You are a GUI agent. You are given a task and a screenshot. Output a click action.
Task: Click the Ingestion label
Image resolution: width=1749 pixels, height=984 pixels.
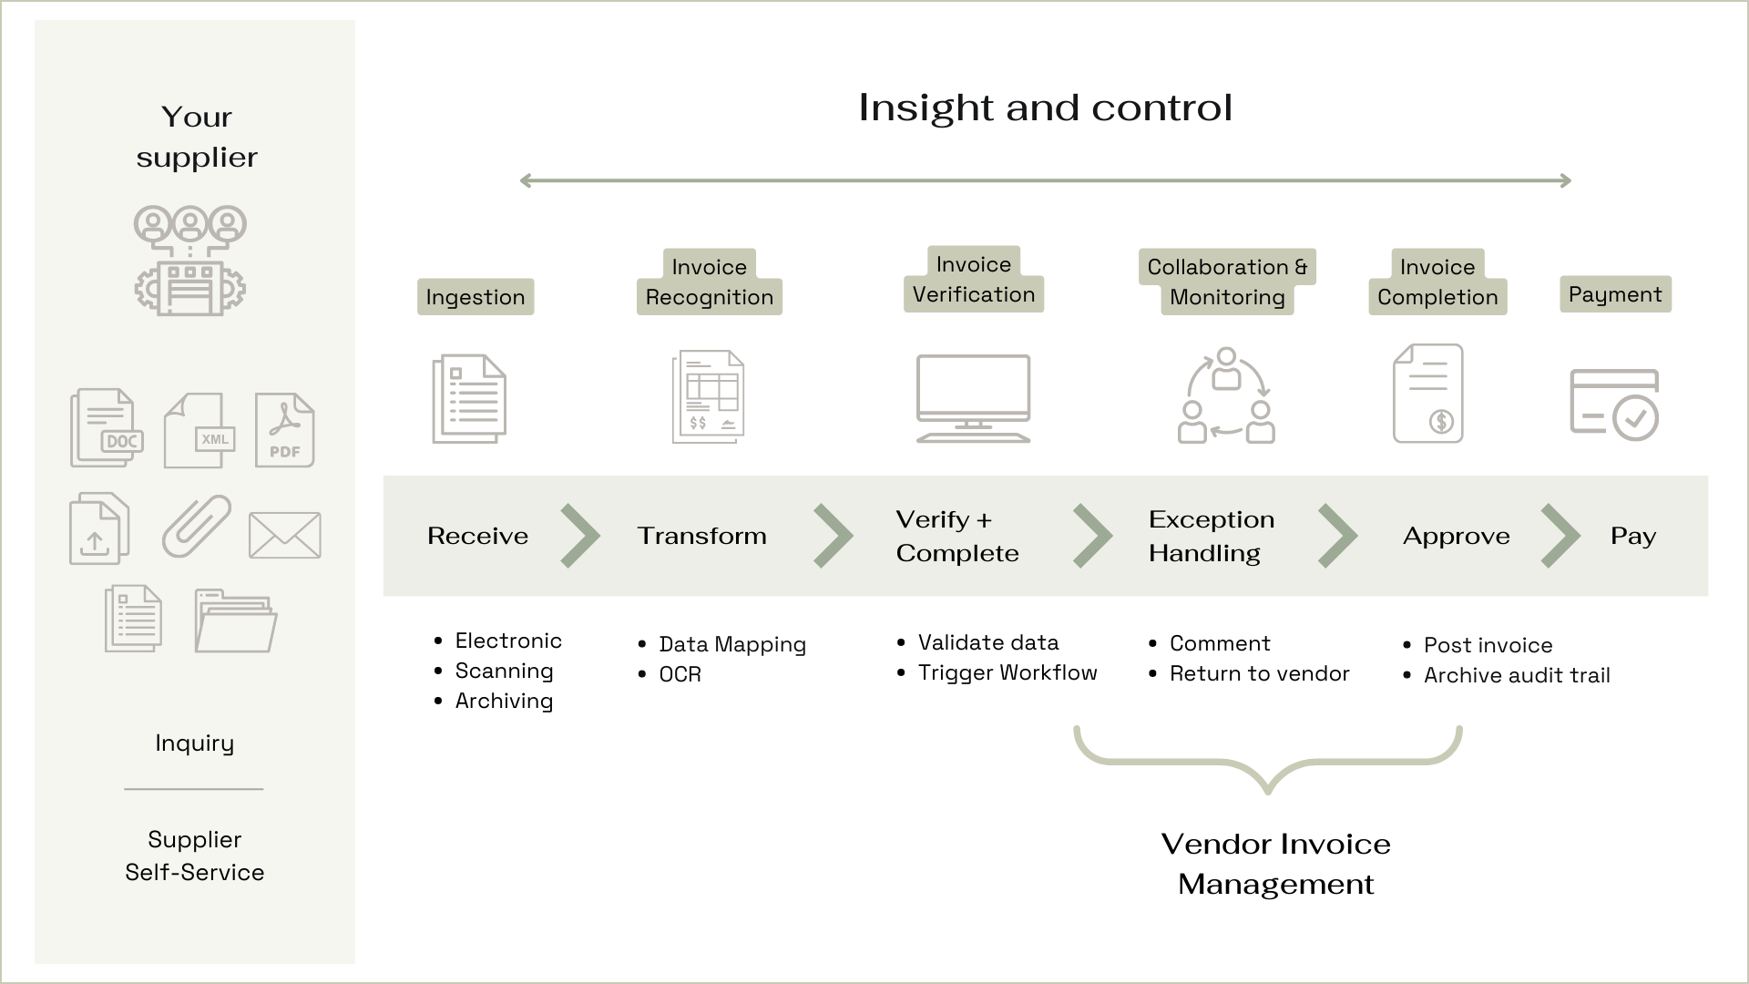pyautogui.click(x=476, y=297)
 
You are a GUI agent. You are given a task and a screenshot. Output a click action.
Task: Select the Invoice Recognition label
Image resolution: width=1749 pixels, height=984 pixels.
pyautogui.click(x=710, y=282)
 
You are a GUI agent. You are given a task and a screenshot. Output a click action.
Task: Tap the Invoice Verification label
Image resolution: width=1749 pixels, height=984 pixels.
pyautogui.click(x=974, y=280)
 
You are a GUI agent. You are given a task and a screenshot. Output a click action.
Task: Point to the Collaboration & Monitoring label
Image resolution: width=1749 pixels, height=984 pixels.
pyautogui.click(x=1227, y=282)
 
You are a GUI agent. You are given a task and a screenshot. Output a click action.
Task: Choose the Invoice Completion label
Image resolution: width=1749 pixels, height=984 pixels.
pyautogui.click(x=1437, y=282)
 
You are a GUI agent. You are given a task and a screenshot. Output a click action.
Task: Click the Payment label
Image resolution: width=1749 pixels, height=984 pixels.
pyautogui.click(x=1615, y=294)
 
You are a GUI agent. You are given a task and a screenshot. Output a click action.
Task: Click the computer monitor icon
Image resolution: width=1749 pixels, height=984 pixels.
pyautogui.click(x=973, y=398)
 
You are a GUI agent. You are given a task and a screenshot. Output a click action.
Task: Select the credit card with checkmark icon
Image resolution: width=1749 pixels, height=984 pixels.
pyautogui.click(x=1614, y=405)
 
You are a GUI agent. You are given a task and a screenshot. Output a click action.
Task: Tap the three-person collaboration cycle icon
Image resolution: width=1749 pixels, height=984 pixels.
pyautogui.click(x=1226, y=396)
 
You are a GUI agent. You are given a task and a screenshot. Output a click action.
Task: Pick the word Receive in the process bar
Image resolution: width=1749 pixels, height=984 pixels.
pyautogui.click(x=477, y=536)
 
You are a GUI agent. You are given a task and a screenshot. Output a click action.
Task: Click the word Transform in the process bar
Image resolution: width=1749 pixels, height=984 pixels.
pyautogui.click(x=701, y=536)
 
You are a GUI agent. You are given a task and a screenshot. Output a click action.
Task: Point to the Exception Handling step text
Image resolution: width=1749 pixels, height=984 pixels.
pyautogui.click(x=1211, y=536)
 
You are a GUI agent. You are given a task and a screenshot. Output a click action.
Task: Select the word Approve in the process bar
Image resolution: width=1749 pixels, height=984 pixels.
pyautogui.click(x=1456, y=537)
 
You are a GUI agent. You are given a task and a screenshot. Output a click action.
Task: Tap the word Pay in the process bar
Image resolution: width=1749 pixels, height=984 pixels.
pyautogui.click(x=1632, y=537)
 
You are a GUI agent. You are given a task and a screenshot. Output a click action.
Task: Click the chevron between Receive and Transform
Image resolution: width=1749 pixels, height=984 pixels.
pyautogui.click(x=580, y=536)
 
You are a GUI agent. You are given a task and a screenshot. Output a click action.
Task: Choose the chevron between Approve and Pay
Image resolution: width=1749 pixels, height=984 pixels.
pyautogui.click(x=1560, y=536)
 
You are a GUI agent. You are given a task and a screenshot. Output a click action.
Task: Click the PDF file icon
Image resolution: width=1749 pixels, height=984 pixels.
pyautogui.click(x=284, y=430)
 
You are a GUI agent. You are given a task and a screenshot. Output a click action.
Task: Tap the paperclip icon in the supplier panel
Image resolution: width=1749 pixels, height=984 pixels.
pyautogui.click(x=197, y=526)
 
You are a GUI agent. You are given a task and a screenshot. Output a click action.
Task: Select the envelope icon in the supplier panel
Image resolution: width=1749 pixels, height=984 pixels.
pyautogui.click(x=285, y=534)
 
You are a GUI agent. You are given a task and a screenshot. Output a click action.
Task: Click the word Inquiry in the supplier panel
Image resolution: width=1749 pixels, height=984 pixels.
pyautogui.click(x=194, y=743)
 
